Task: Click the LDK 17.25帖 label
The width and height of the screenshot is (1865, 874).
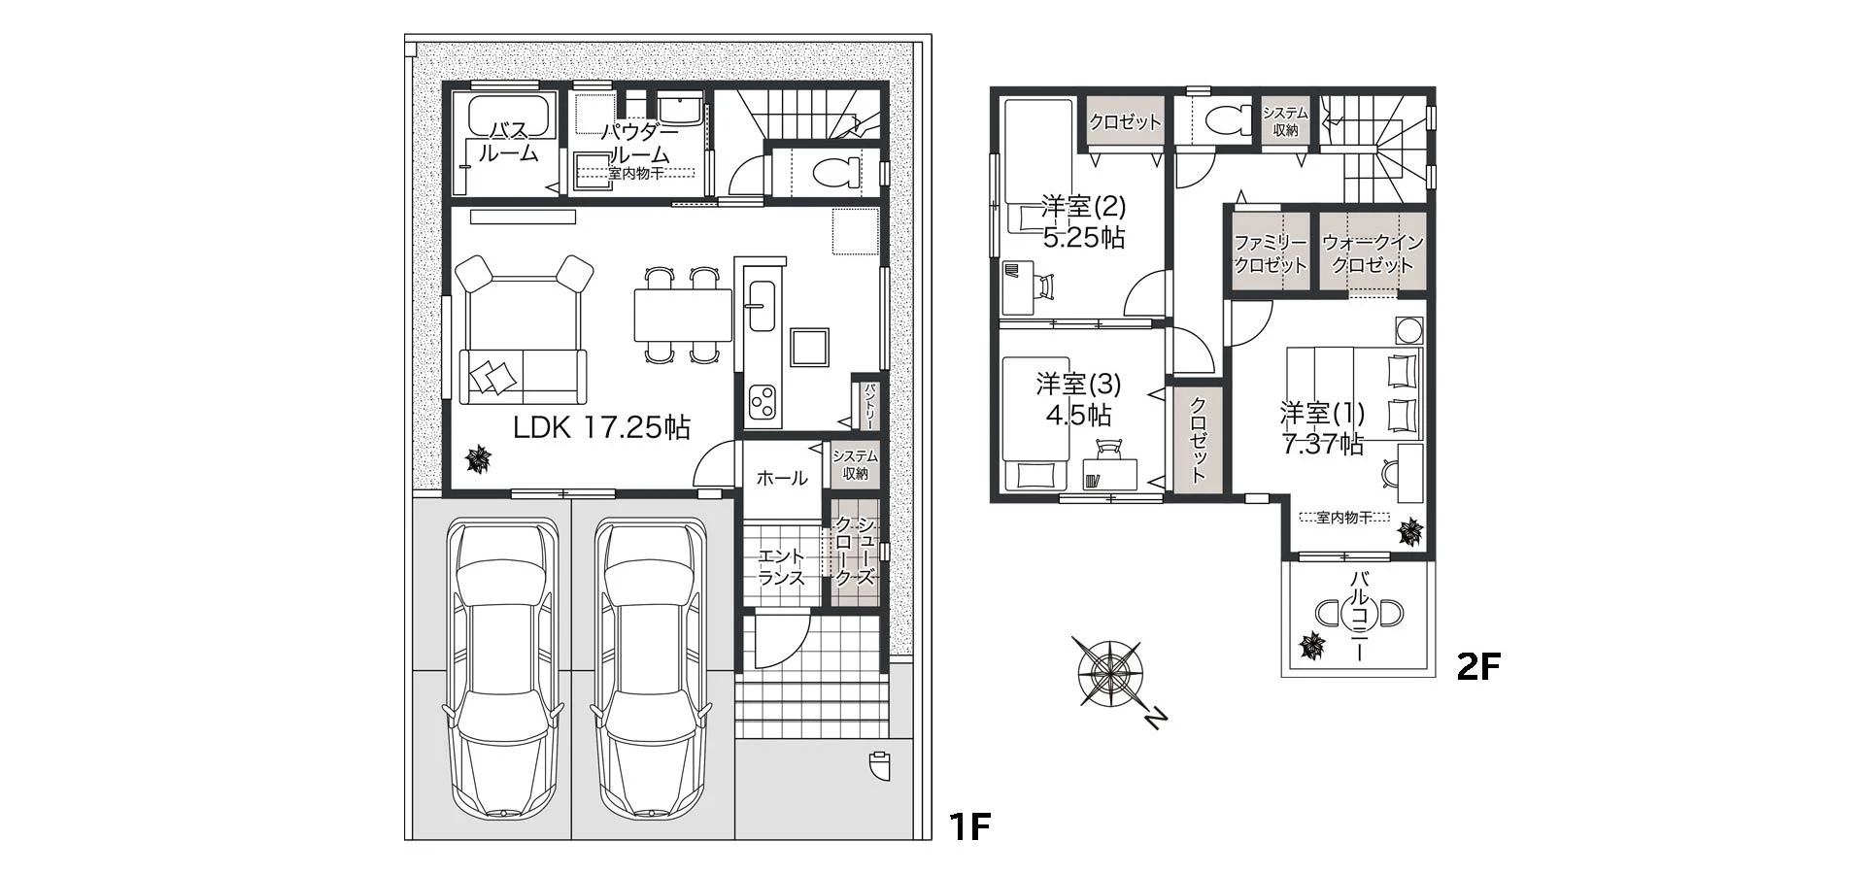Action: tap(601, 427)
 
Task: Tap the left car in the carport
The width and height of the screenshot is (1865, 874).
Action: tap(499, 670)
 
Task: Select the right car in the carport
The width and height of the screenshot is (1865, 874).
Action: tap(649, 670)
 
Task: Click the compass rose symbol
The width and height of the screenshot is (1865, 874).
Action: tap(1108, 671)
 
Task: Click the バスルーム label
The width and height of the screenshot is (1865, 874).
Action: tap(508, 142)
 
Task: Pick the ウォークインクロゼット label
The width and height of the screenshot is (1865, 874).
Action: tap(1373, 253)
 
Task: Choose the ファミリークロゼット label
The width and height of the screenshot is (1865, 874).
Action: tap(1270, 253)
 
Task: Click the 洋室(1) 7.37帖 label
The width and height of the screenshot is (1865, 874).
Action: tap(1322, 428)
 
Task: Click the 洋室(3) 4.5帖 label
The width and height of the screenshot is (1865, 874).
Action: tap(1077, 398)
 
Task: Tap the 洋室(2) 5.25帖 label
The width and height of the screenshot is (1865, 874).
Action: tap(1083, 221)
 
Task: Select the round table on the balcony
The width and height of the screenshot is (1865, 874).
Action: tap(1359, 614)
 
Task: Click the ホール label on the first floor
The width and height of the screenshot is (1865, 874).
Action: tap(781, 478)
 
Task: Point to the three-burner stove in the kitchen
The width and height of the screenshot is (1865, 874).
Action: tap(763, 400)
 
